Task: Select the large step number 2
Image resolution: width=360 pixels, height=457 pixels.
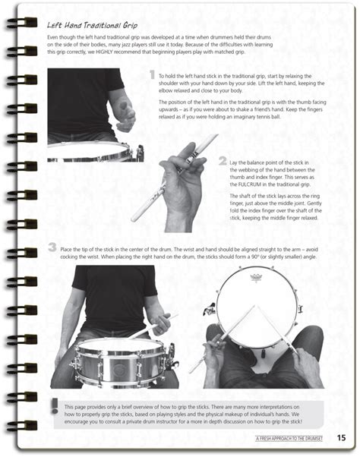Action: click(x=222, y=161)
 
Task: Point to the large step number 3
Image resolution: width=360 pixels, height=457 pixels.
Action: click(x=51, y=247)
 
